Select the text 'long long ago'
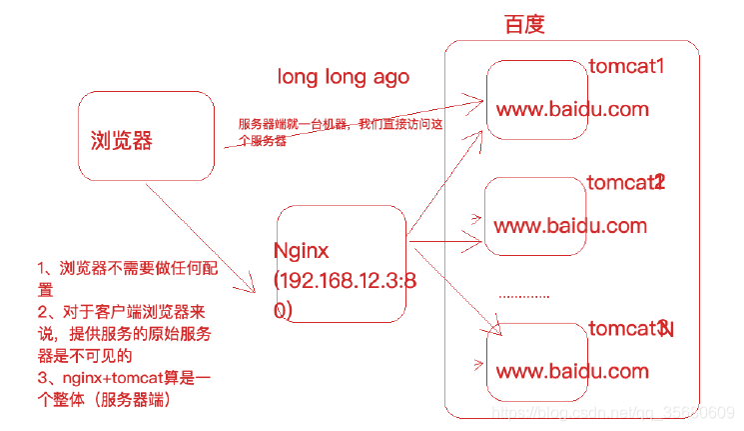coord(343,77)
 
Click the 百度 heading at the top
coord(524,25)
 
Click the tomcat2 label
coord(625,182)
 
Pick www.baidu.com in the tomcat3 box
coord(572,371)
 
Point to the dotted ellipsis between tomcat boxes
coord(523,296)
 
